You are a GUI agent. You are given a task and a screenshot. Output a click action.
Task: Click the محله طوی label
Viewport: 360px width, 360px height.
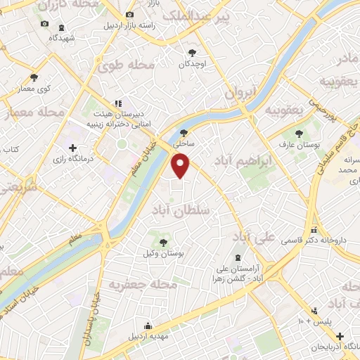coord(127,67)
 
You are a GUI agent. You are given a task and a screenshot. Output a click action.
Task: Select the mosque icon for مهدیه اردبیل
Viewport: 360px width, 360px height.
coord(148,325)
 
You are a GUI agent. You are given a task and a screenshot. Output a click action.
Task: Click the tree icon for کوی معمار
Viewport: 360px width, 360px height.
coord(34,77)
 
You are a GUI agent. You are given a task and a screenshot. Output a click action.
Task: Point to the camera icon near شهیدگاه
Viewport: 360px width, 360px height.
coord(45,23)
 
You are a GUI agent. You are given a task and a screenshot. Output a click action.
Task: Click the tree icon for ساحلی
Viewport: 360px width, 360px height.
coord(184,132)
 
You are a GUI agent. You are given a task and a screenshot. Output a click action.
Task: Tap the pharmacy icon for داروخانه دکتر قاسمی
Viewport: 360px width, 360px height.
coord(314,229)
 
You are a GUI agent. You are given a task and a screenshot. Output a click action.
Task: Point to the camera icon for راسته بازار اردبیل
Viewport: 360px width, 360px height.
coord(128,14)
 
